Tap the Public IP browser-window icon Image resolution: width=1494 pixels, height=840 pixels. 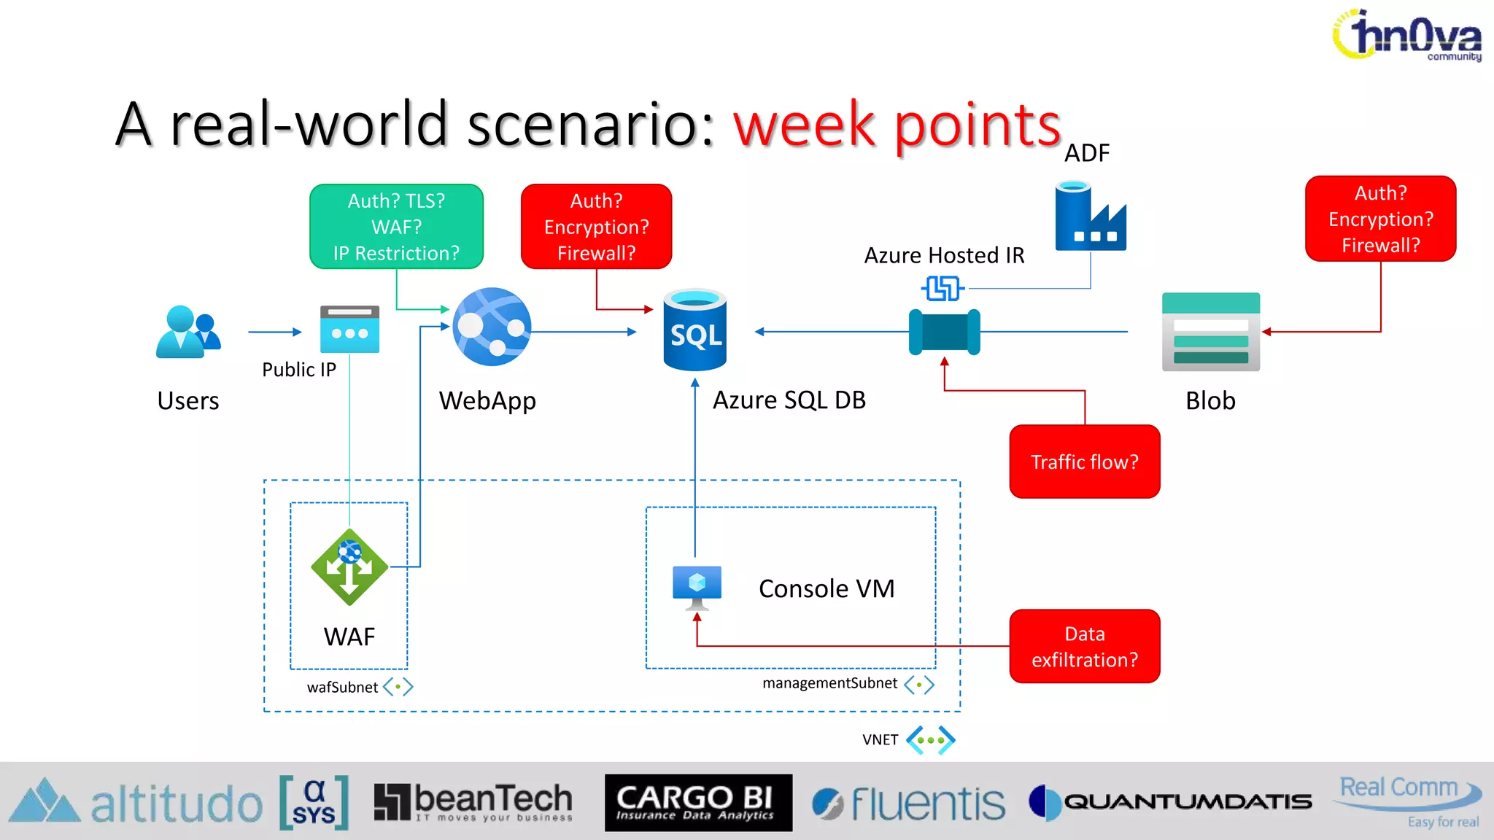(x=349, y=330)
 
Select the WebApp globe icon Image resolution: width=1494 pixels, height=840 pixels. (x=492, y=327)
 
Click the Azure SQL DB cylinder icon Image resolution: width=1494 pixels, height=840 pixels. (x=694, y=330)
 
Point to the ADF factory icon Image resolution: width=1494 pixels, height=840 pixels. (x=1090, y=217)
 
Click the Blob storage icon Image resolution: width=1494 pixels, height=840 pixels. (x=1210, y=332)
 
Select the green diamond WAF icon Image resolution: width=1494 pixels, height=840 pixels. (x=349, y=567)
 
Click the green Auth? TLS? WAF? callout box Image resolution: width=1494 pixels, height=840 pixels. (x=396, y=227)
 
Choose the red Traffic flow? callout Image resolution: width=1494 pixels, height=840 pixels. (x=1084, y=462)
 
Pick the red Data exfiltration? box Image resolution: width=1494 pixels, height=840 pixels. (x=1084, y=646)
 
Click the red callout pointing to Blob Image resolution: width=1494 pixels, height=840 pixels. (x=1380, y=219)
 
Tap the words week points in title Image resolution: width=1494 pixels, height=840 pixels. (x=897, y=125)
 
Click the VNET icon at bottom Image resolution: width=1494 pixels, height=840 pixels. (x=930, y=740)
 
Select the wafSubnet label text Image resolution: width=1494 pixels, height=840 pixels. (x=342, y=687)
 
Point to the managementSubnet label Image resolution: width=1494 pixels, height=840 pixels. (x=829, y=683)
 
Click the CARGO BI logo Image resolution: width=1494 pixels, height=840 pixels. (x=697, y=803)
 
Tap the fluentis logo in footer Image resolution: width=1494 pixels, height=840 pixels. (x=908, y=804)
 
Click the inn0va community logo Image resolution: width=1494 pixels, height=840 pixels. (x=1407, y=35)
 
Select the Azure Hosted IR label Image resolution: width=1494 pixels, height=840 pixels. (x=944, y=255)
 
